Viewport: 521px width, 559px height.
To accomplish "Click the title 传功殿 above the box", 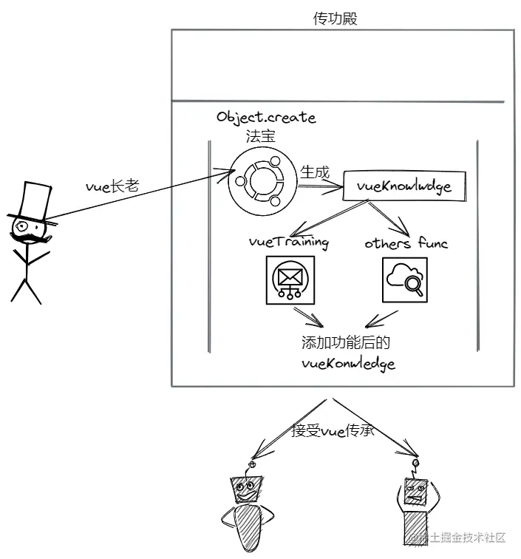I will click(336, 19).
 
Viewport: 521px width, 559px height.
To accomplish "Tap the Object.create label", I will click(265, 118).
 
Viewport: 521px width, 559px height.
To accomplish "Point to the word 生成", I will click(315, 172).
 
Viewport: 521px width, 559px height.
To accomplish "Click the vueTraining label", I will click(288, 242).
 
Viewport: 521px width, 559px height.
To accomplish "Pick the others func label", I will click(406, 243).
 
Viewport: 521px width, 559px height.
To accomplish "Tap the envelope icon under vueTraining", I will click(289, 279).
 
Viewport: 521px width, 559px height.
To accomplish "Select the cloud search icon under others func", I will click(404, 279).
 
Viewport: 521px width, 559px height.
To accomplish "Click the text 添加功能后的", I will click(345, 343).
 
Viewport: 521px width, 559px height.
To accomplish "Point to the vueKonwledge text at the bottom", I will click(348, 363).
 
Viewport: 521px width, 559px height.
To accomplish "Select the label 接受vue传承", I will click(333, 430).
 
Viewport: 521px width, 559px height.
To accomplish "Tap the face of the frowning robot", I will click(415, 490).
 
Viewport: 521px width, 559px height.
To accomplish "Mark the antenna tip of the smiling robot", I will click(252, 466).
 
